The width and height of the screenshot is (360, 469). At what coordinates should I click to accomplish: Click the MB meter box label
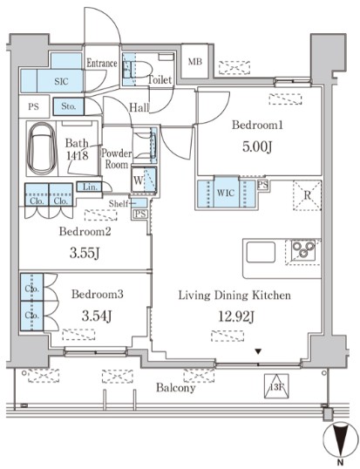195,62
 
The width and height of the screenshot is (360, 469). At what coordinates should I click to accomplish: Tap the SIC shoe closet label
61,81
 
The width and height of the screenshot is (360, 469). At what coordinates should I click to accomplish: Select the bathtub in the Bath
41,149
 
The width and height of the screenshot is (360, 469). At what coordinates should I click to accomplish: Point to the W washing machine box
144,180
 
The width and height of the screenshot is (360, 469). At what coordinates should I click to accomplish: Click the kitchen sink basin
261,252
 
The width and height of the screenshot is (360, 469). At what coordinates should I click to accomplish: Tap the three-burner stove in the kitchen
303,249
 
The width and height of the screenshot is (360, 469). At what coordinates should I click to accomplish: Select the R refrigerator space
308,195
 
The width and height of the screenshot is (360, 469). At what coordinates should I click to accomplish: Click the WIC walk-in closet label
226,193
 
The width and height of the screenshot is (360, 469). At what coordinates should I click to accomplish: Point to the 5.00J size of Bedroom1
257,146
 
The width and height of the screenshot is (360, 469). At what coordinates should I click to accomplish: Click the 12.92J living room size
236,316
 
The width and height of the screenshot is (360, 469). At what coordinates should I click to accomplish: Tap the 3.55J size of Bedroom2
85,254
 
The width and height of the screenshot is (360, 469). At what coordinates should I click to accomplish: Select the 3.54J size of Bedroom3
97,316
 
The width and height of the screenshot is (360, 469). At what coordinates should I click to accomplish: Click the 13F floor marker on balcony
276,387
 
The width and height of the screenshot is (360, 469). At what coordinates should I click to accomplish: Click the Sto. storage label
69,106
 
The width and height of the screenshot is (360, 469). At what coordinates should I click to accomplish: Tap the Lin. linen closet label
90,187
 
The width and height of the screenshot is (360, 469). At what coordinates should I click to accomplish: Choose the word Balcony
176,388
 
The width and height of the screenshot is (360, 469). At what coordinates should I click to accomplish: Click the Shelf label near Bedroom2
119,204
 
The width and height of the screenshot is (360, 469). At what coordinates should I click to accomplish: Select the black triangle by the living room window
258,351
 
